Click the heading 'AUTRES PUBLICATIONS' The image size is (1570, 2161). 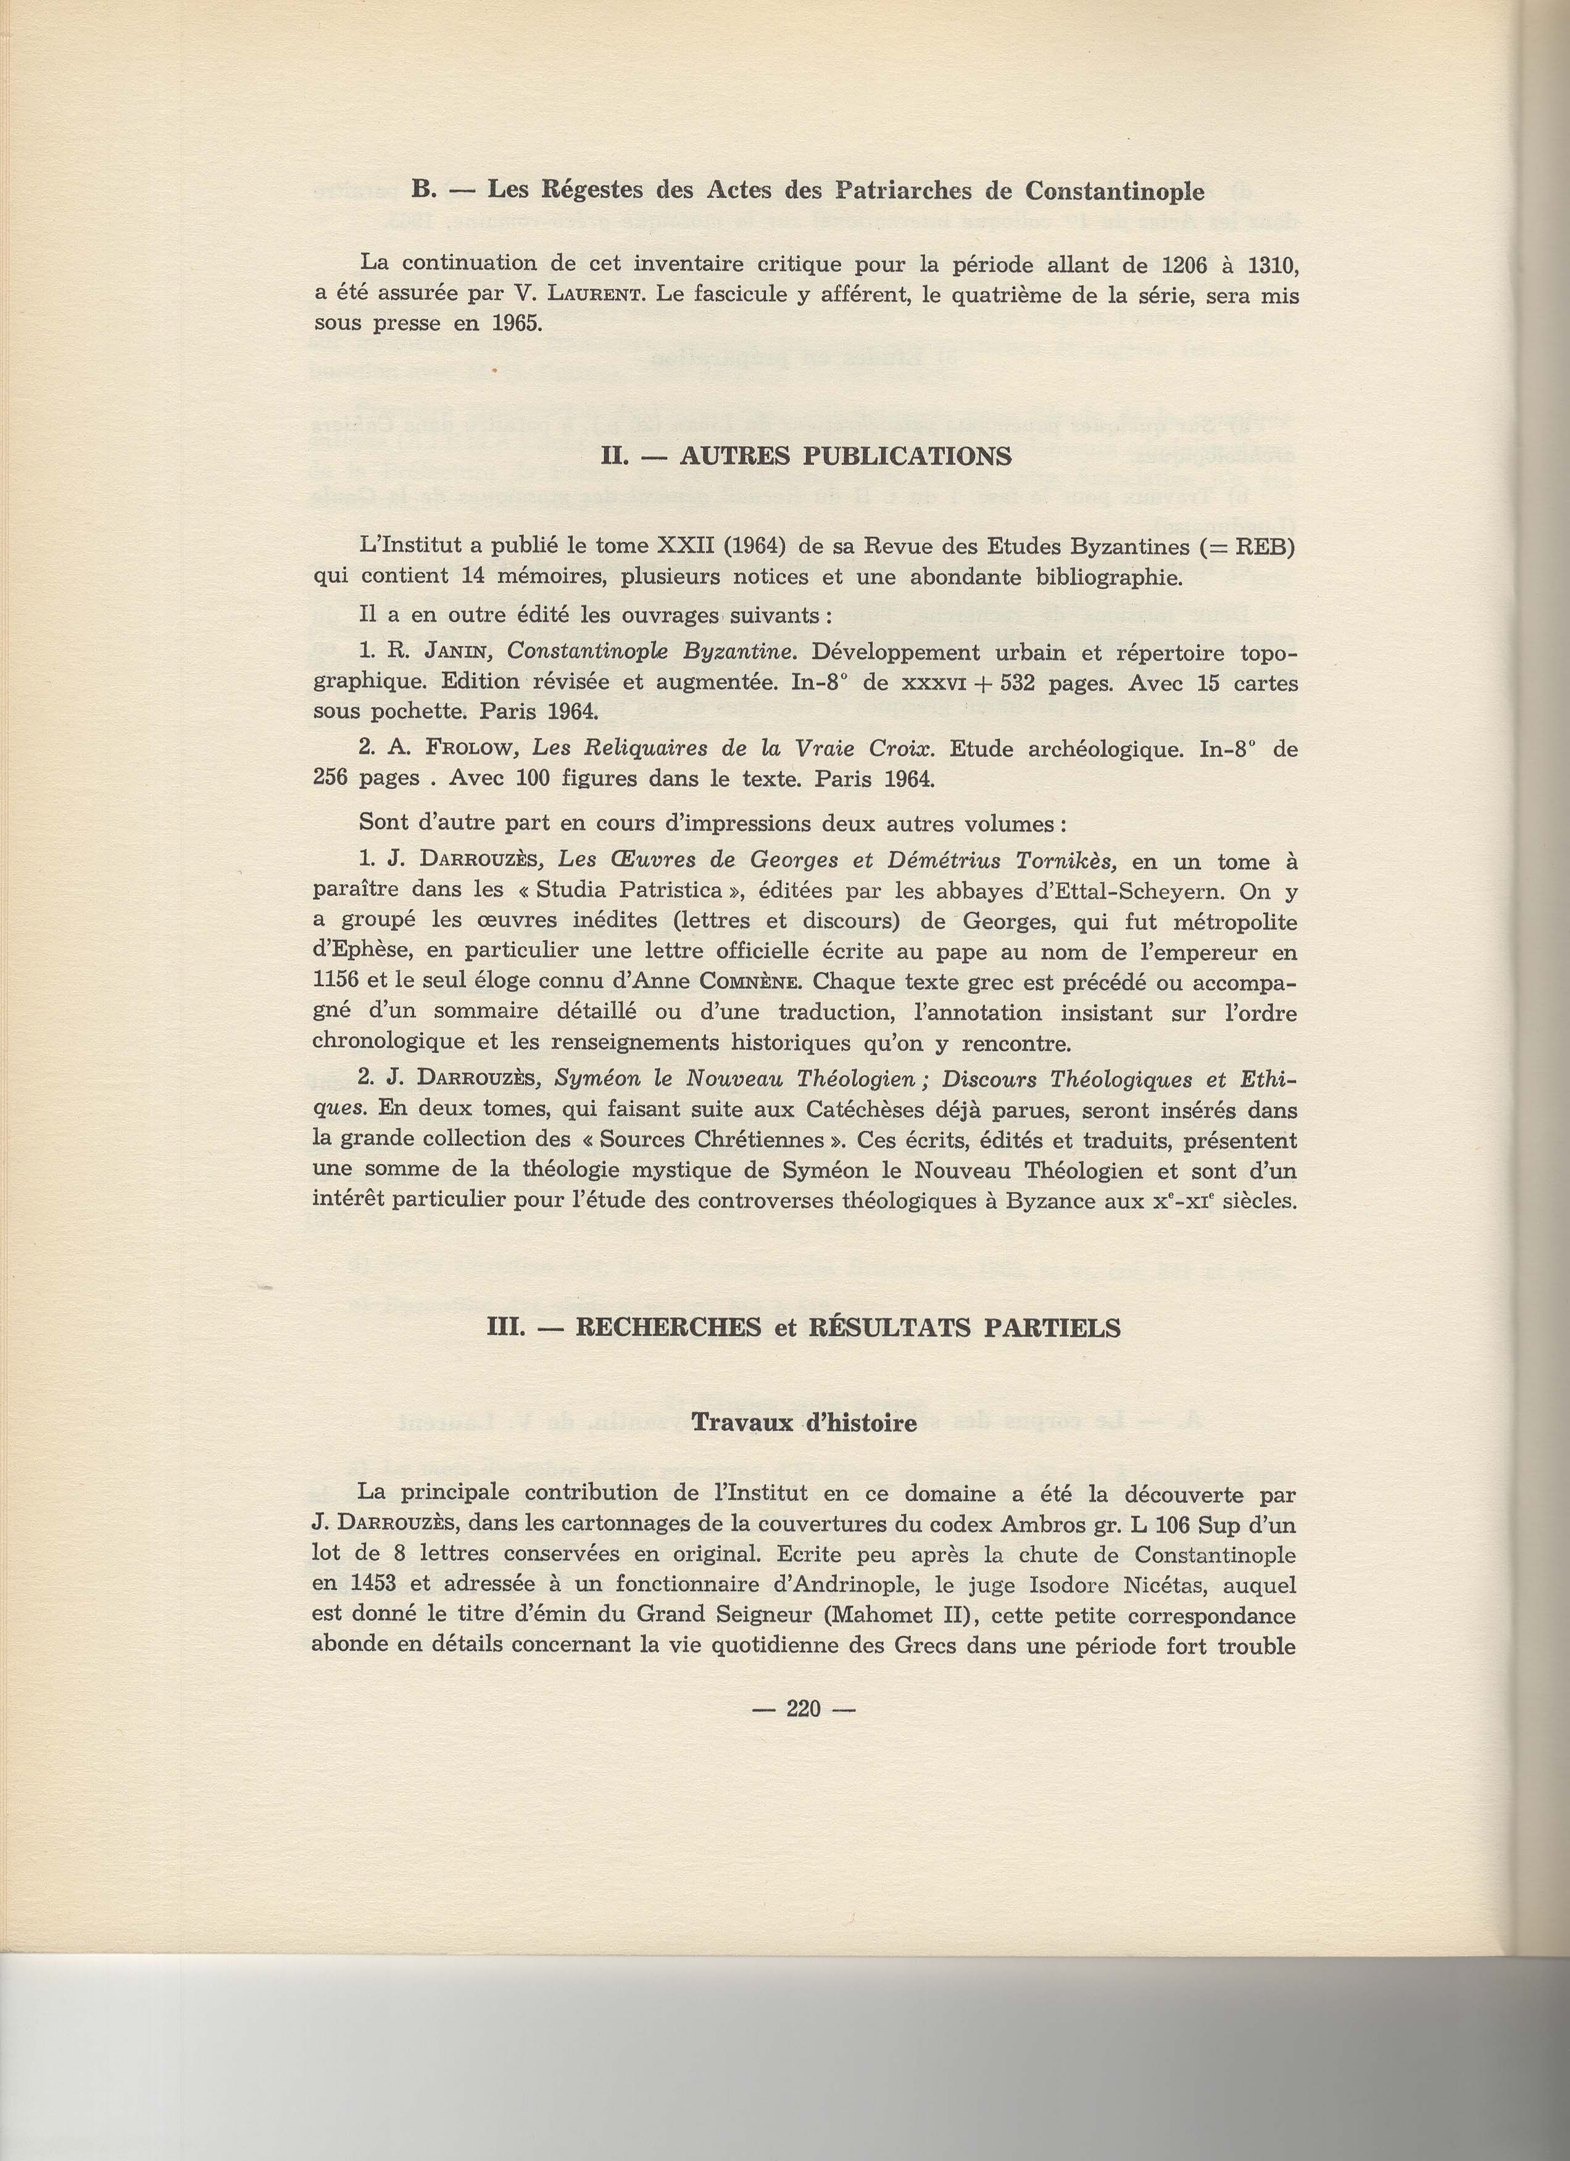(x=845, y=456)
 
